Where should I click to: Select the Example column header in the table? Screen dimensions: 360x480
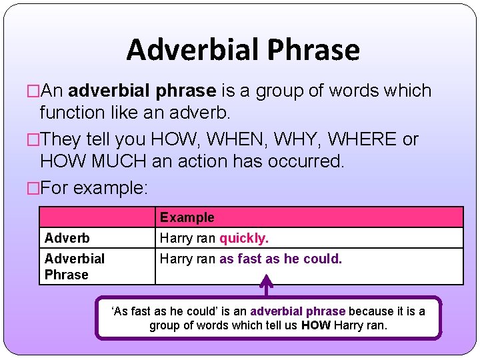coord(187,217)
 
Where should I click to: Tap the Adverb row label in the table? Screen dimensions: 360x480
coord(67,238)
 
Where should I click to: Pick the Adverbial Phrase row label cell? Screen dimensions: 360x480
coord(75,266)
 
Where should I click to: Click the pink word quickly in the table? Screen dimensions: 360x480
coord(244,238)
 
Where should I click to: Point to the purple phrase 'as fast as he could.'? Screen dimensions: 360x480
coord(281,259)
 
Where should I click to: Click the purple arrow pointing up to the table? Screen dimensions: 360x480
coord(266,288)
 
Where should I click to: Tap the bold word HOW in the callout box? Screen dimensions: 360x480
coord(315,326)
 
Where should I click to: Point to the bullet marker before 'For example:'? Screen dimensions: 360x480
coord(33,188)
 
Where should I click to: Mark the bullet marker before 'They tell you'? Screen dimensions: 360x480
coord(33,139)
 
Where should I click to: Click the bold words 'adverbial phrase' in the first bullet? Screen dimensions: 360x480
coord(142,91)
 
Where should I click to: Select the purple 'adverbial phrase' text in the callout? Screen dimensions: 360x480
coord(298,311)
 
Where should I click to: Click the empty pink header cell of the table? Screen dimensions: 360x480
coord(97,217)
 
